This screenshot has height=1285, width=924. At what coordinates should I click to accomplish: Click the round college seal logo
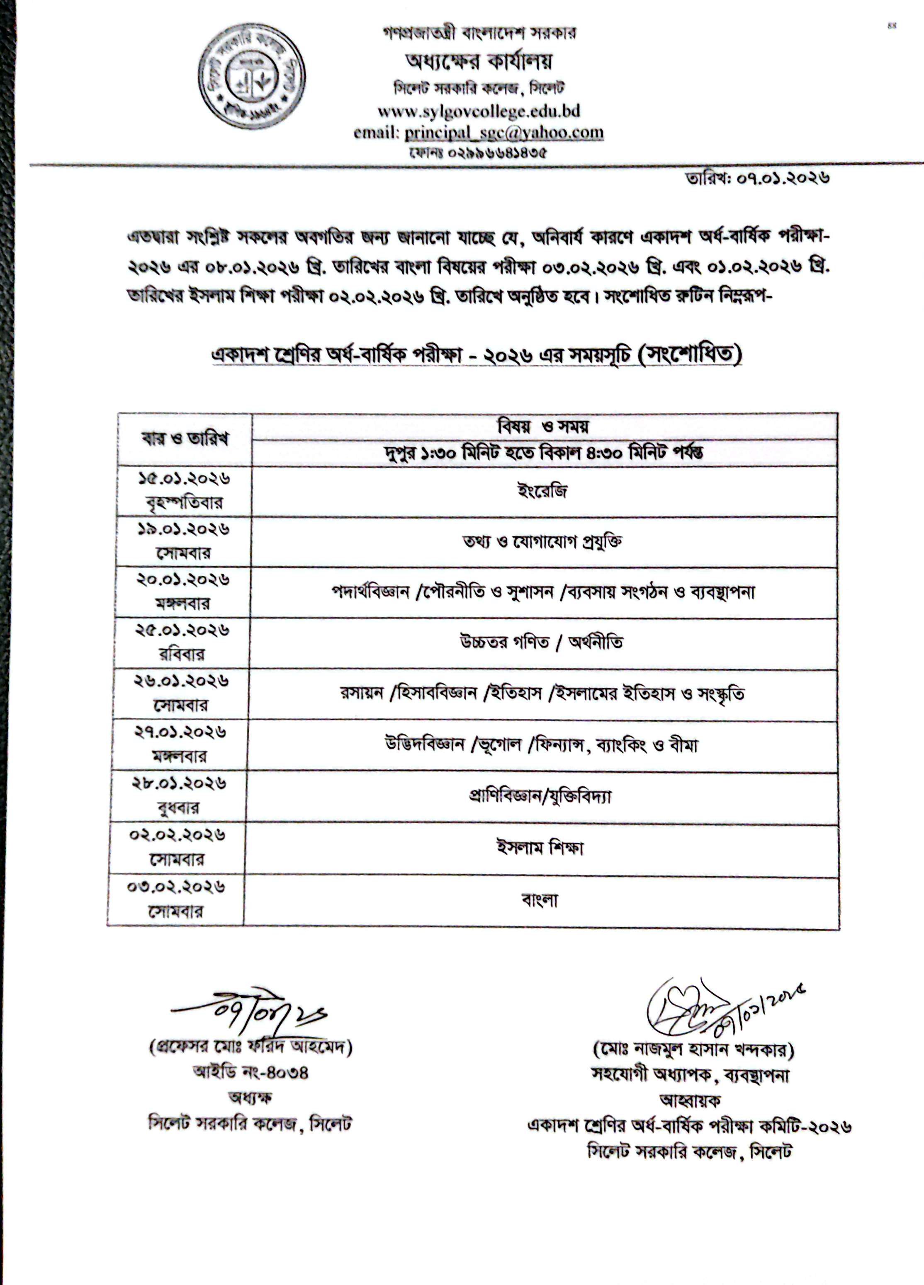point(251,77)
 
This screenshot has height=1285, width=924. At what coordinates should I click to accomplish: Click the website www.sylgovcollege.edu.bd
point(479,111)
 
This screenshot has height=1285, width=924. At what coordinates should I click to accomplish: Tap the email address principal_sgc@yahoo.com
point(503,133)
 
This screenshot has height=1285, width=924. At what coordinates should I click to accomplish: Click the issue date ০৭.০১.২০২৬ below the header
point(782,179)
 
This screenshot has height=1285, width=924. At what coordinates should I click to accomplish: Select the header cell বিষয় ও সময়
point(543,426)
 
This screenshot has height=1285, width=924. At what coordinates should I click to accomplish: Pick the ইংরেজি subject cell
point(542,491)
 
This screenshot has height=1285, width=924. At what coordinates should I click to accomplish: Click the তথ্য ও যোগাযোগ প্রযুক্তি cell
point(542,542)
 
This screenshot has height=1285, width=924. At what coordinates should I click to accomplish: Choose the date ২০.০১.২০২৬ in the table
point(182,579)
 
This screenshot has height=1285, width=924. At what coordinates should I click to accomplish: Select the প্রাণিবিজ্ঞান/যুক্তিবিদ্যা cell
point(540,796)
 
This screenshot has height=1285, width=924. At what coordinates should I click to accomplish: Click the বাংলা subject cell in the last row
point(540,900)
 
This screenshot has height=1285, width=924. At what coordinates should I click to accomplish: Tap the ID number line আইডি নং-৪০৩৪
point(250,1072)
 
